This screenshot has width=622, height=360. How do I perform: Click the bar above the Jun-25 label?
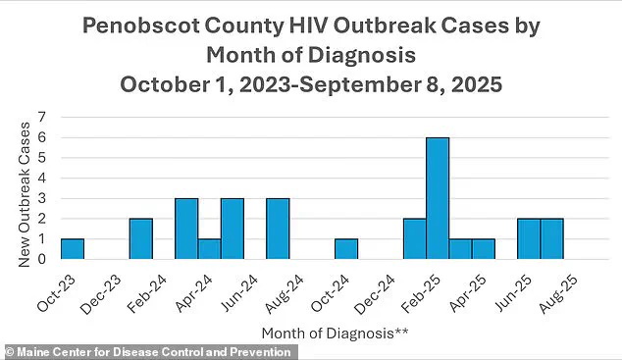click(x=528, y=239)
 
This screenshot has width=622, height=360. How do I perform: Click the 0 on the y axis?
click(x=42, y=260)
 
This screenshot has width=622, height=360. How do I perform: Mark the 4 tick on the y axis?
click(x=42, y=179)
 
